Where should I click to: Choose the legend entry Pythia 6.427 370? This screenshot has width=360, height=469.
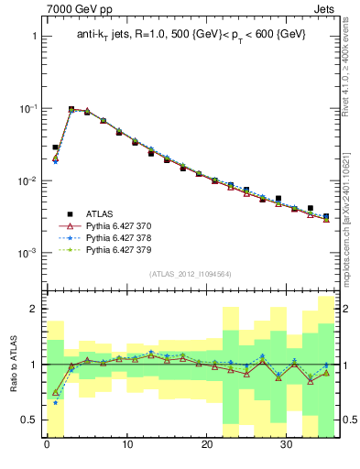120,224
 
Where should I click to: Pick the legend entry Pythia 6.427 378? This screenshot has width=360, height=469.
120,236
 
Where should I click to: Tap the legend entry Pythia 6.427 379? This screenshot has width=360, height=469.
120,249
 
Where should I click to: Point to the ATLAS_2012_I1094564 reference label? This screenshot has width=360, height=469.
191,272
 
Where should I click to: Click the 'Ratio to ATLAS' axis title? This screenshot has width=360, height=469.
13,364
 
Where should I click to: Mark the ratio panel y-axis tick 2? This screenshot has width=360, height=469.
33,309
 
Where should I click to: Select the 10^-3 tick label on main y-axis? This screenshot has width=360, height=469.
27,253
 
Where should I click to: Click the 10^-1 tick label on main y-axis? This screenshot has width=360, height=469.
27,108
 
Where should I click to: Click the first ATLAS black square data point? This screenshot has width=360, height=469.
55,147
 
